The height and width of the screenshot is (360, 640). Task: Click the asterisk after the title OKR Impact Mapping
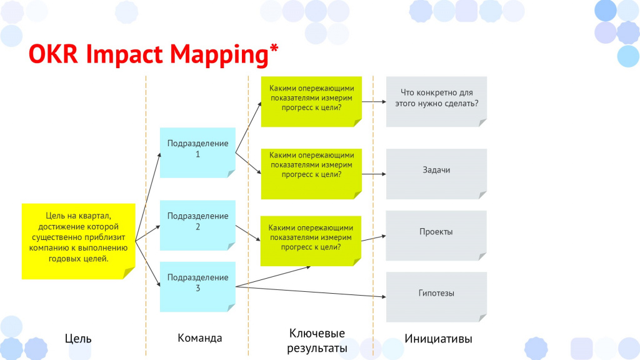pyautogui.click(x=274, y=48)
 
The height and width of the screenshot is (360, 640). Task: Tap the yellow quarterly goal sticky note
pyautogui.click(x=78, y=241)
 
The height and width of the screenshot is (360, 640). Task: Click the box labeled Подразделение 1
pyautogui.click(x=197, y=152)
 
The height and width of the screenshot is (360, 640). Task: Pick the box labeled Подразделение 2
pyautogui.click(x=197, y=225)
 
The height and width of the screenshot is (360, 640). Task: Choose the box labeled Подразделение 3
pyautogui.click(x=197, y=286)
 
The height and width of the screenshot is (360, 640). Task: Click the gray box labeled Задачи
pyautogui.click(x=436, y=174)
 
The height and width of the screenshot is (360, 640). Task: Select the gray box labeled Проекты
pyautogui.click(x=436, y=236)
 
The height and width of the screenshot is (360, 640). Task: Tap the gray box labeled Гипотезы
pyautogui.click(x=436, y=297)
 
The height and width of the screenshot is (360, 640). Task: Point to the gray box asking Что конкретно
pyautogui.click(x=436, y=102)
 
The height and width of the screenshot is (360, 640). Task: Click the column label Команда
pyautogui.click(x=199, y=338)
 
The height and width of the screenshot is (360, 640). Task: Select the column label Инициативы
pyautogui.click(x=438, y=338)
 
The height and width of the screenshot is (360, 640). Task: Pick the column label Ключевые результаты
pyautogui.click(x=317, y=341)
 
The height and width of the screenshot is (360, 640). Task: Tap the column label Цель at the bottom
pyautogui.click(x=78, y=338)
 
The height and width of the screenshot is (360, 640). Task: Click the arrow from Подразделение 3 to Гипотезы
pyautogui.click(x=311, y=292)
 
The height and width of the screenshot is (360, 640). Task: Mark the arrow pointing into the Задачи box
pyautogui.click(x=374, y=174)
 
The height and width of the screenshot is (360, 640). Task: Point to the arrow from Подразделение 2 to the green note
pyautogui.click(x=248, y=232)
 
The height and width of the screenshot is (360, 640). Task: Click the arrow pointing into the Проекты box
pyautogui.click(x=374, y=238)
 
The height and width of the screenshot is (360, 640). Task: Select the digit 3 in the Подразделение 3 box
pyautogui.click(x=197, y=288)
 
